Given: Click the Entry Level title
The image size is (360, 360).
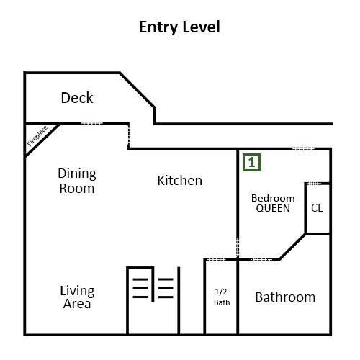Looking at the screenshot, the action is coord(179,27).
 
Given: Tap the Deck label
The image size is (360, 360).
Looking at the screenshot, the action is coord(77,98).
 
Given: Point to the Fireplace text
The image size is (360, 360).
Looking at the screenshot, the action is coord(37,136).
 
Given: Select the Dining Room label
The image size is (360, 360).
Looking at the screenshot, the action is coord(77,181).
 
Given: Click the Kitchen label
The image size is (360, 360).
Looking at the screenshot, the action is coord(179,181).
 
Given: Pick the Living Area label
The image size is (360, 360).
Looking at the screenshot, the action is coord(77,297).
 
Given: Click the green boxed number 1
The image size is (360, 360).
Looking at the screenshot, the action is coord(251,163).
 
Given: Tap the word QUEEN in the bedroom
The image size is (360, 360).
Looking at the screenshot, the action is coord(273,208).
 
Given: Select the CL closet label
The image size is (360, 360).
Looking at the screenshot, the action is coord(317,208).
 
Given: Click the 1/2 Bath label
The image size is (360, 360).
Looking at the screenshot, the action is coord(222,297).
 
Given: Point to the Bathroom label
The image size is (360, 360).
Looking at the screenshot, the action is coord(285,297).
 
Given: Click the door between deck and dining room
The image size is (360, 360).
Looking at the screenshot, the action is coord(91,123).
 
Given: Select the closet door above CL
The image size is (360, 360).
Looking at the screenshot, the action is coord(314,184).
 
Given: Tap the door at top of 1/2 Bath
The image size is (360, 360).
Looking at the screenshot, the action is coord(216,259).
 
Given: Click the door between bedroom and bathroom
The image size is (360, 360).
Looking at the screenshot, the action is coord(261,259).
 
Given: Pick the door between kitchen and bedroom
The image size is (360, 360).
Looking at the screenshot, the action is coord(238,248).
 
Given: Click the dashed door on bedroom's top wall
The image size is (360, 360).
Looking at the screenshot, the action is coord(303,149).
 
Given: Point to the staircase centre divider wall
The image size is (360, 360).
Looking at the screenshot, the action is coord(153,284).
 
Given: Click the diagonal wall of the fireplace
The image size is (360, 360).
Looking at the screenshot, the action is coord(42,140).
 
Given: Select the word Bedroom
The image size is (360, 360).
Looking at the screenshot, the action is coord(273,198).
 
